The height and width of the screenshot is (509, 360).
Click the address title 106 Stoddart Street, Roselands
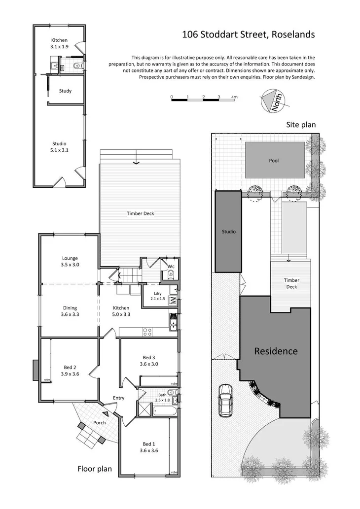pyautogui.click(x=248, y=34)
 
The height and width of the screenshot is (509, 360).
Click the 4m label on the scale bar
pyautogui.click(x=234, y=97)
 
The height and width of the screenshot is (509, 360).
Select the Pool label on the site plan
pyautogui.click(x=274, y=161)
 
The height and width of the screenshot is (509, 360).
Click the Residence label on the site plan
pyautogui.click(x=276, y=351)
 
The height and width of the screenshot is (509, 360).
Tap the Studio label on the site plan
pyautogui.click(x=228, y=232)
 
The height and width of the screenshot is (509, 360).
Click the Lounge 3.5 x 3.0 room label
pyautogui.click(x=70, y=261)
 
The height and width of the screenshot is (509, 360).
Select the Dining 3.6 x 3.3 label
pyautogui.click(x=70, y=311)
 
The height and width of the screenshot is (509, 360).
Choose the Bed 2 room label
pyautogui.click(x=70, y=370)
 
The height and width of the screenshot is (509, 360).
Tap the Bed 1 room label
pyautogui.click(x=149, y=447)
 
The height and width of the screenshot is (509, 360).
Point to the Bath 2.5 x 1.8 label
pyautogui.click(x=162, y=397)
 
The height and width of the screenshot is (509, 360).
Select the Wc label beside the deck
pyautogui.click(x=171, y=267)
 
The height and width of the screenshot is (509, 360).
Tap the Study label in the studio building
pyautogui.click(x=65, y=91)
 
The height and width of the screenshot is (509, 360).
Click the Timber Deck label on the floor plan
pyautogui.click(x=142, y=213)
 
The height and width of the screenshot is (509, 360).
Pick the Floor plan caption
pyautogui.click(x=95, y=469)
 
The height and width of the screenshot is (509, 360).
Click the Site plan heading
pyautogui.click(x=301, y=125)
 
